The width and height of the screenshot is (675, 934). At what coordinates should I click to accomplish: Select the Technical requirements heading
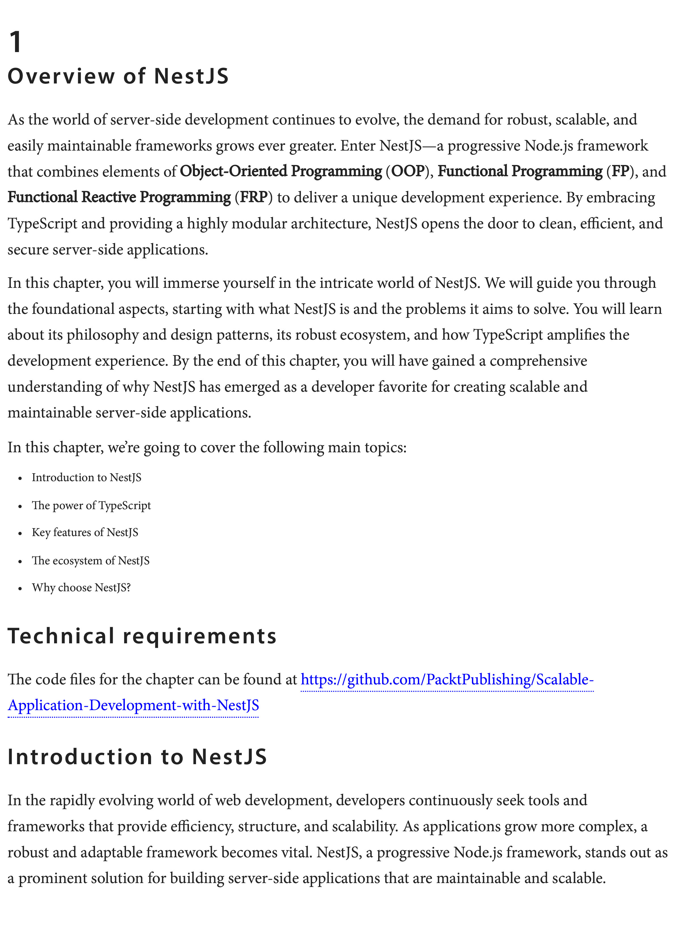click(x=142, y=636)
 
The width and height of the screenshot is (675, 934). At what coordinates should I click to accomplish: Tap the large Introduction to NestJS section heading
click(x=137, y=757)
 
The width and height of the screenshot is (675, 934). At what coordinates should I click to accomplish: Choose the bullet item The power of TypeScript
click(x=91, y=505)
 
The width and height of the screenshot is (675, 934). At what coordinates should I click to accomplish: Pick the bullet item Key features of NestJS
click(x=85, y=532)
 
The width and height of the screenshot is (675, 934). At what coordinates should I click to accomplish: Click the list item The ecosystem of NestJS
click(x=91, y=560)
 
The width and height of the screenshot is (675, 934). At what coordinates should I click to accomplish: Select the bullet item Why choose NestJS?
click(x=81, y=587)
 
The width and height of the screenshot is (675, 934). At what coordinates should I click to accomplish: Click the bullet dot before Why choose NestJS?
click(x=20, y=588)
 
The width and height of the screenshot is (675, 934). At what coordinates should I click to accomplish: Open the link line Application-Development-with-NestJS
click(x=133, y=705)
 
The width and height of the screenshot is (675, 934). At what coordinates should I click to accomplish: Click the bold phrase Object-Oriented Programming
click(x=281, y=171)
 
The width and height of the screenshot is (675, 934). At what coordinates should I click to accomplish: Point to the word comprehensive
click(x=538, y=361)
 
